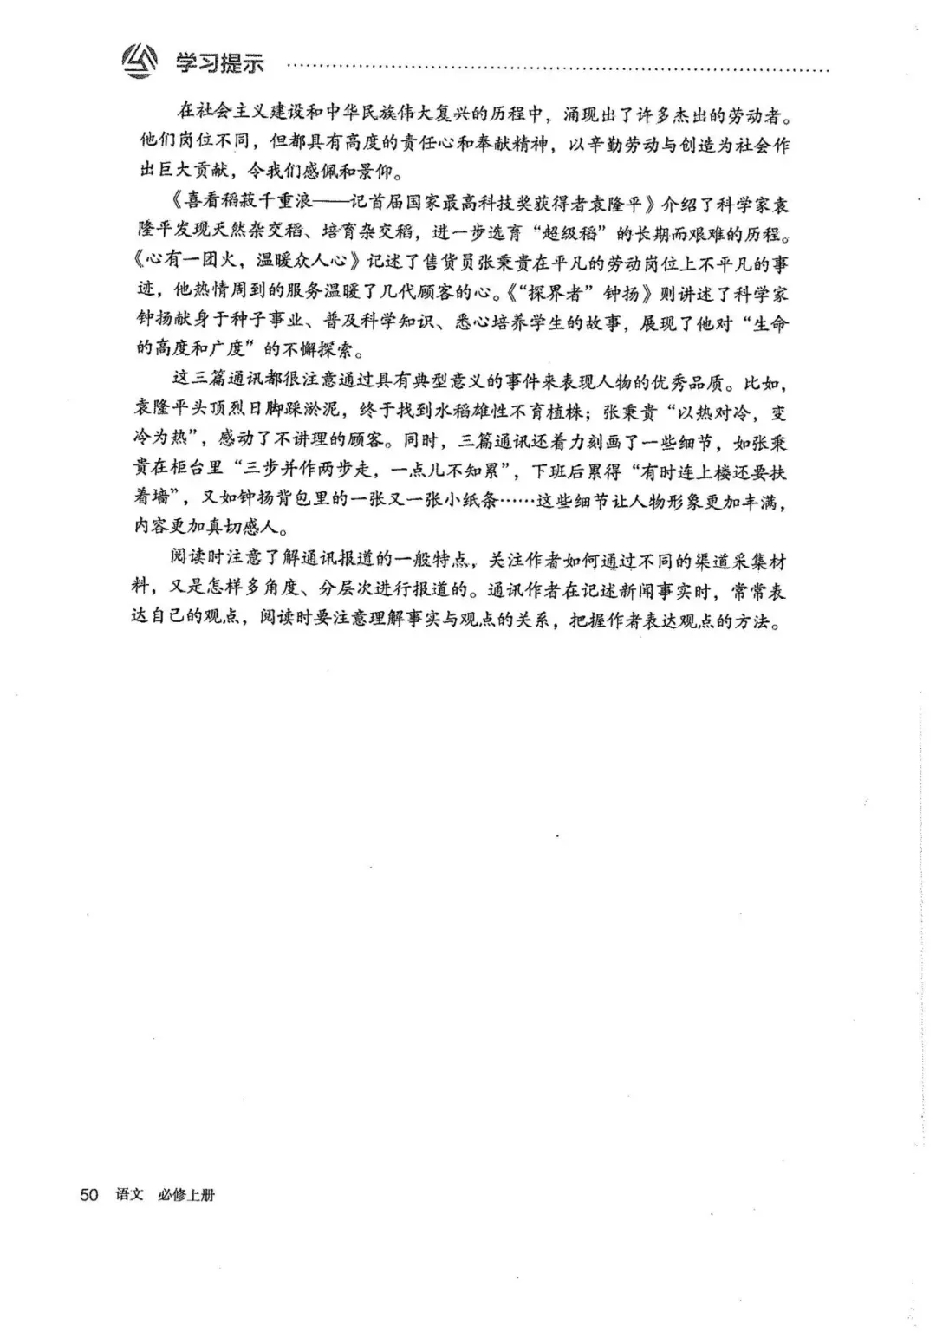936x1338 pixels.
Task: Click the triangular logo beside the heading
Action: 140,62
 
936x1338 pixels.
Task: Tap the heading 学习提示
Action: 220,63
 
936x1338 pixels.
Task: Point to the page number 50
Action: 88,1195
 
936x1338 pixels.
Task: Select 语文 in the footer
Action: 128,1195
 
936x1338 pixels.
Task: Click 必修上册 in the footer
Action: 186,1195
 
